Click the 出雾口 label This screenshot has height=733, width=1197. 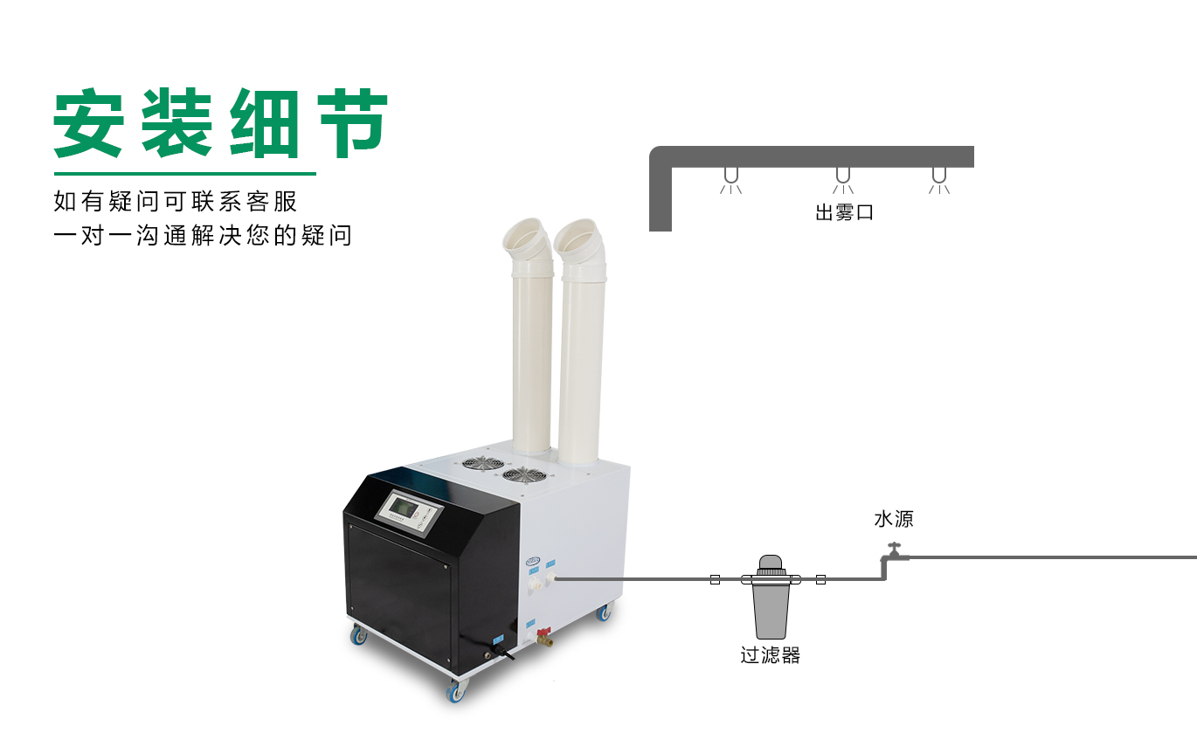coord(844,212)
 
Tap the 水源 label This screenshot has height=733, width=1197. coord(894,519)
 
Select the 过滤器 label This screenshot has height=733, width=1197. coord(770,655)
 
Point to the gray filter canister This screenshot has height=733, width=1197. coord(771,597)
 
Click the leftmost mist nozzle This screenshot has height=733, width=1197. coord(731,180)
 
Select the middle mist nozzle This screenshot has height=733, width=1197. coord(843,180)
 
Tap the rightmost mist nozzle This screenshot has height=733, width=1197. coord(939,180)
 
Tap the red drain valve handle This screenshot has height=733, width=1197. coord(544,632)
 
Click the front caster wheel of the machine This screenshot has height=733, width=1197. coord(455,691)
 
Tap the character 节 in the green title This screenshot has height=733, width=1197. coord(353,123)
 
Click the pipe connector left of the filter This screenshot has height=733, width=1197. coord(715,579)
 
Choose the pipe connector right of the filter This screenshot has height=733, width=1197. coord(820,579)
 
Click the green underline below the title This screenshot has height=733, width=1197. coord(185,174)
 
